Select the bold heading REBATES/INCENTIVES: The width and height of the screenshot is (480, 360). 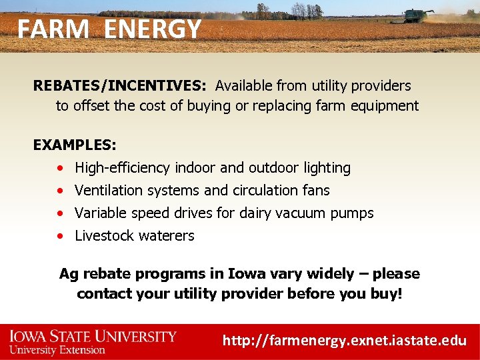[121, 85]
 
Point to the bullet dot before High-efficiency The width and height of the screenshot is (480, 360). [61, 168]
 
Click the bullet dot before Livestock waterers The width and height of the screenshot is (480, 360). [61, 236]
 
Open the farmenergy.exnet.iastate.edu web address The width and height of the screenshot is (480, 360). [344, 340]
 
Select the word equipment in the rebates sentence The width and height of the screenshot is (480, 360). [386, 105]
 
